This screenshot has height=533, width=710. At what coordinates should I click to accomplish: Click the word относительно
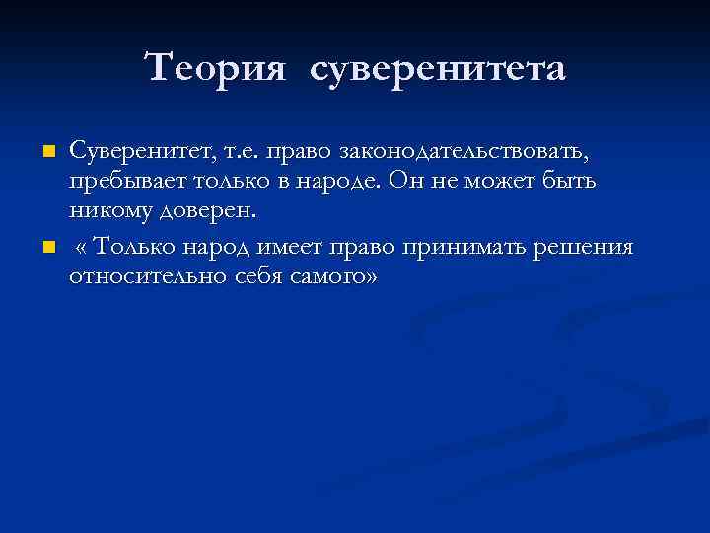(x=148, y=277)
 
